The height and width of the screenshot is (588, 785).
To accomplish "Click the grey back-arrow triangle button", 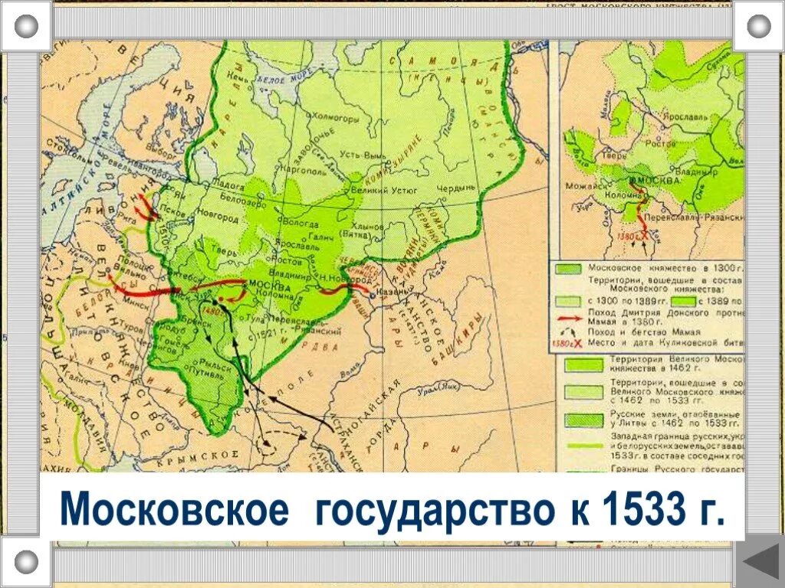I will tap(760, 563).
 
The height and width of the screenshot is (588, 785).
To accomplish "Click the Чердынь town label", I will tap(458, 189).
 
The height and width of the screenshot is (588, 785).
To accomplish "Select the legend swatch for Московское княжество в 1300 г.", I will tap(568, 269).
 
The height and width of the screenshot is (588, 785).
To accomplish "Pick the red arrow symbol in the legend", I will tap(568, 316).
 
